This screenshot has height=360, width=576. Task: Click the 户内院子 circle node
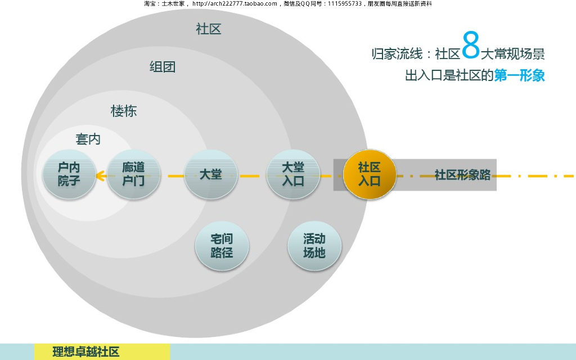pyautogui.click(x=69, y=174)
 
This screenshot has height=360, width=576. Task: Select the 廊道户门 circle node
pyautogui.click(x=133, y=174)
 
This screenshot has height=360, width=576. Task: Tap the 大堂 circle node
pyautogui.click(x=211, y=174)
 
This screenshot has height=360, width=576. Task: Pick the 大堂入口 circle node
pyautogui.click(x=293, y=174)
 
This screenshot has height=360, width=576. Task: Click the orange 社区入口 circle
pyautogui.click(x=370, y=174)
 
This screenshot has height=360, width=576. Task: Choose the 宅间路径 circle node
pyautogui.click(x=222, y=245)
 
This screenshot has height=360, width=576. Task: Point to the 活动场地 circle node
pyautogui.click(x=314, y=245)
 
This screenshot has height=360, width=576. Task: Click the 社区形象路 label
pyautogui.click(x=462, y=175)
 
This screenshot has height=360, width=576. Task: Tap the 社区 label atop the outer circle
pyautogui.click(x=209, y=29)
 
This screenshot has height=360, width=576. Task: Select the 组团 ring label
pyautogui.click(x=163, y=67)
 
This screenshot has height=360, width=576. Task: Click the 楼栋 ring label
pyautogui.click(x=124, y=111)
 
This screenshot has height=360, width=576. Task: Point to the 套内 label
pyautogui.click(x=88, y=139)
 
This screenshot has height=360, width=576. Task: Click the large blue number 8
pyautogui.click(x=471, y=46)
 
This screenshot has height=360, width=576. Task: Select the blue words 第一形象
pyautogui.click(x=520, y=75)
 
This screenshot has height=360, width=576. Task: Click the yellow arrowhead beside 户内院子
pyautogui.click(x=101, y=176)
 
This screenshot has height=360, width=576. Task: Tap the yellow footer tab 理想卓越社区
pyautogui.click(x=87, y=352)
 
